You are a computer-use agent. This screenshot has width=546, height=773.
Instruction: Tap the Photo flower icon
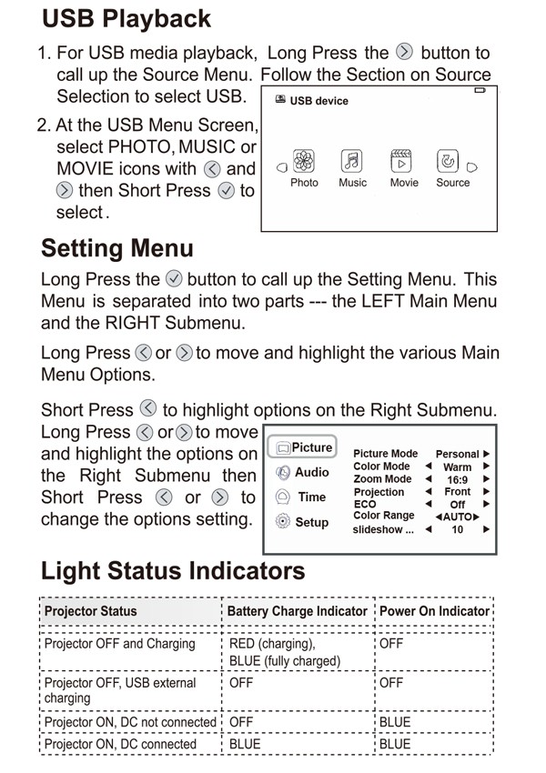coord(304,162)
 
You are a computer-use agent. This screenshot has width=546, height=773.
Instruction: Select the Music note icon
coord(352,162)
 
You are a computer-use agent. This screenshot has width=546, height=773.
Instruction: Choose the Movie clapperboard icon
coord(402,162)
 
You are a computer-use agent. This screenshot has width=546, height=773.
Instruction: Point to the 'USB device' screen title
coord(318,101)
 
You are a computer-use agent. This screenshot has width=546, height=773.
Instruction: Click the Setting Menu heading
coord(117,248)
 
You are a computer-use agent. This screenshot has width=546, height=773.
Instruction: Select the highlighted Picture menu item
coord(302,447)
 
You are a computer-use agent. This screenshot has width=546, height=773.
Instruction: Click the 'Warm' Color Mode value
coord(457,467)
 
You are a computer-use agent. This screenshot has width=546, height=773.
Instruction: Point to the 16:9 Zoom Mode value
coord(457,479)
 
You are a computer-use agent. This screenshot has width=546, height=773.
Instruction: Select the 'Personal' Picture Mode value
coord(457,454)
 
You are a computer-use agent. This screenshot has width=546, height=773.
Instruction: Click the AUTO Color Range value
coord(459,516)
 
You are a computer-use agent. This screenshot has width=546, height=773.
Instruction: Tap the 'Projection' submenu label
coord(379,492)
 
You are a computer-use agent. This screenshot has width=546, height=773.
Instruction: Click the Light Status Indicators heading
coord(173,571)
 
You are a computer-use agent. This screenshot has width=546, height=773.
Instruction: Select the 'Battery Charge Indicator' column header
coord(297,611)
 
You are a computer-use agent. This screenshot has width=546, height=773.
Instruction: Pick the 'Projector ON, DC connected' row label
coord(120,744)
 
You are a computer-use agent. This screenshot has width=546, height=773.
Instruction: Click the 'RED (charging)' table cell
coord(268,644)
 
